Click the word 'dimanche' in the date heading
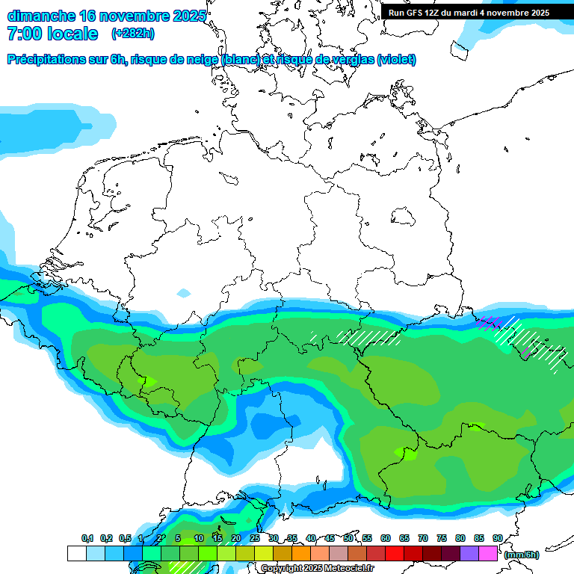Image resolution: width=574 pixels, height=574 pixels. [x=41, y=16]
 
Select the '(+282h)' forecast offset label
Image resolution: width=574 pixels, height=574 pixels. [x=133, y=34]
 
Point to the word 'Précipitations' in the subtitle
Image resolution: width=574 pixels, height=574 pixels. [x=45, y=60]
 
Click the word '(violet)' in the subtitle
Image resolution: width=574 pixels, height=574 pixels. [x=397, y=60]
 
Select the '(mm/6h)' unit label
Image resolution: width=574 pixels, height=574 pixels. [x=522, y=555]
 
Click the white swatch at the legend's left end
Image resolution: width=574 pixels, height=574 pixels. [x=76, y=553]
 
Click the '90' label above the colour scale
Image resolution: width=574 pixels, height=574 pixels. [x=497, y=538]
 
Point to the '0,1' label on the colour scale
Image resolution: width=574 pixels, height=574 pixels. [x=87, y=538]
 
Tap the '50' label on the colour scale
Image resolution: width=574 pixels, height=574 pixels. [x=348, y=538]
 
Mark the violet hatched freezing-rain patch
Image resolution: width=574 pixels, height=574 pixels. [x=490, y=324]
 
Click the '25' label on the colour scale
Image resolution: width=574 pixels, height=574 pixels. [x=255, y=538]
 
